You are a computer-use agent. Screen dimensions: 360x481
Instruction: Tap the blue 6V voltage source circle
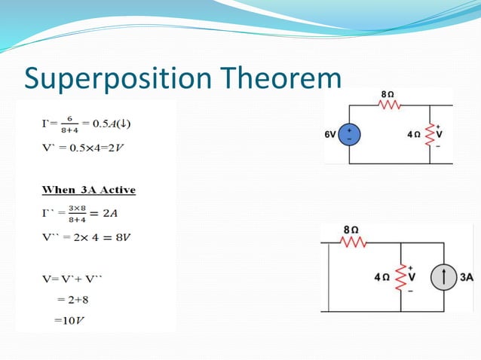tap(349, 135)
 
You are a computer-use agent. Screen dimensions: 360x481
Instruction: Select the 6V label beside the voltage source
tap(331, 135)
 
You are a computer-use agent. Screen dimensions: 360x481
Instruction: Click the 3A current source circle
tap(445, 277)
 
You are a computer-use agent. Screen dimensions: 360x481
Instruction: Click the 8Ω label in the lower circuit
tap(351, 227)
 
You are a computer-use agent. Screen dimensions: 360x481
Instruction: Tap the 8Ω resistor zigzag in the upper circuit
tap(387, 106)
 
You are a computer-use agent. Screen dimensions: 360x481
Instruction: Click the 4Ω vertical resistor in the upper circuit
tap(431, 135)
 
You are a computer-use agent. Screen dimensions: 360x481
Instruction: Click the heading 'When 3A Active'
tap(88, 189)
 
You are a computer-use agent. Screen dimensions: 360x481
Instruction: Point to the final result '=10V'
tap(69, 321)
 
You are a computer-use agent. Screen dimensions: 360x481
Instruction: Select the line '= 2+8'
tap(72, 300)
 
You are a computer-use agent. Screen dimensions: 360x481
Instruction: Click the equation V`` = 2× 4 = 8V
tap(87, 238)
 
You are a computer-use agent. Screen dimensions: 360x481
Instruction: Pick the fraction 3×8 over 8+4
tap(76, 214)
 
